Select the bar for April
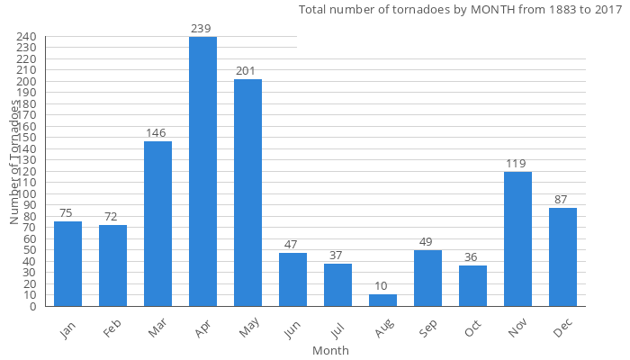click(x=202, y=171)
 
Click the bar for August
click(x=382, y=300)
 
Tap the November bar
click(x=517, y=238)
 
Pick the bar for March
click(x=157, y=223)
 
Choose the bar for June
click(x=292, y=279)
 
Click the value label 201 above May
click(x=247, y=71)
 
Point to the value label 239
click(x=202, y=29)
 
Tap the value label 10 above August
click(x=382, y=286)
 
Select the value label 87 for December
click(x=562, y=200)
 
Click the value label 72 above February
click(x=112, y=217)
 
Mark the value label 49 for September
click(x=427, y=242)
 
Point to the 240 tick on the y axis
click(x=26, y=37)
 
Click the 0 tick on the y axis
click(x=32, y=306)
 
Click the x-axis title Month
click(x=330, y=350)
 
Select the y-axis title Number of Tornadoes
click(x=15, y=162)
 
